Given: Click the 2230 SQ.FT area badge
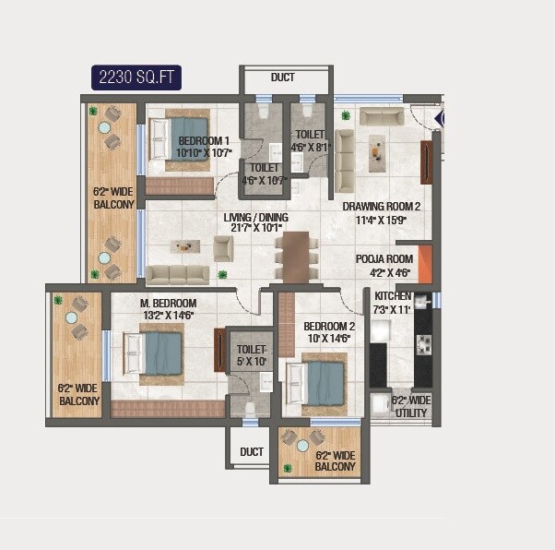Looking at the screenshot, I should tap(136, 78).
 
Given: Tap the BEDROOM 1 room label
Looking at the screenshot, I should tap(203, 147).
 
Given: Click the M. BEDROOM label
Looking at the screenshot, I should tap(167, 309).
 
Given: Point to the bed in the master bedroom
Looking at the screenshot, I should tap(156, 353).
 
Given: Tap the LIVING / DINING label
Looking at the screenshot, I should tap(255, 224).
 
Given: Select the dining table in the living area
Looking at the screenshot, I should tap(296, 257).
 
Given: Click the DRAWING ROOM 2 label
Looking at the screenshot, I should tap(382, 213).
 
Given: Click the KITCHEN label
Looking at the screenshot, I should tap(393, 302).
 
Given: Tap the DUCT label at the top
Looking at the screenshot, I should tap(283, 78).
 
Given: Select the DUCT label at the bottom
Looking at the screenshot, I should tap(251, 452).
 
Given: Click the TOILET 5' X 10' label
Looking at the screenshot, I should tap(251, 356).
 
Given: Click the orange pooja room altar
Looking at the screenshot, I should tap(425, 264).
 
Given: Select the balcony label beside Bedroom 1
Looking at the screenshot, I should tap(113, 198).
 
